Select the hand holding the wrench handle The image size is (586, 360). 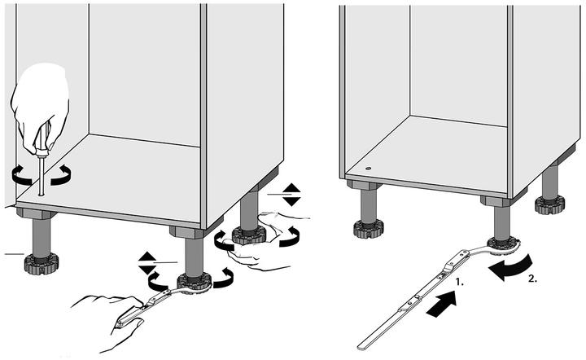[x=102, y=314]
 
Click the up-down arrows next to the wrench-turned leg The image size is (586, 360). [x=146, y=262]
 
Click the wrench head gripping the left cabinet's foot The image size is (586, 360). [x=193, y=283]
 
